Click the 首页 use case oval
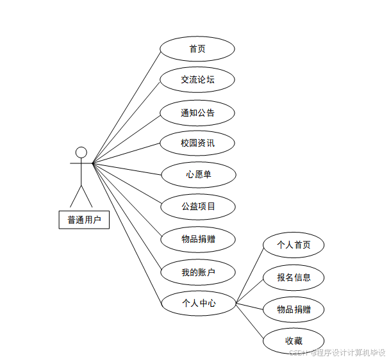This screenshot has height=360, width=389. (x=197, y=49)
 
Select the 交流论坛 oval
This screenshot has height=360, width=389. (x=197, y=80)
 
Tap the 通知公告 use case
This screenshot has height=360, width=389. (x=197, y=113)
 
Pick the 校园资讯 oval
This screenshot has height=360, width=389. (x=197, y=143)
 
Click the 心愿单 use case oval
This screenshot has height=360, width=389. (x=197, y=174)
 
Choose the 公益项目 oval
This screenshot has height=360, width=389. (x=197, y=206)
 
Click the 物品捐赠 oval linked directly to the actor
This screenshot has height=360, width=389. (x=197, y=240)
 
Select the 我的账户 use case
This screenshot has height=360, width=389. (x=197, y=272)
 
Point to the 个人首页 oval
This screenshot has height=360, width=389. (x=294, y=245)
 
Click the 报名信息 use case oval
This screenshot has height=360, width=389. (x=294, y=277)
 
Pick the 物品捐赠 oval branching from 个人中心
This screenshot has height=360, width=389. (x=294, y=309)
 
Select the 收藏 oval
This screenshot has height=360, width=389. (x=294, y=341)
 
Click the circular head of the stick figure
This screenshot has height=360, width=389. (x=81, y=152)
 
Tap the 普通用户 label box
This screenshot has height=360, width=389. (x=84, y=220)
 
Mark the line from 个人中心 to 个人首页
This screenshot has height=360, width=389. (x=250, y=274)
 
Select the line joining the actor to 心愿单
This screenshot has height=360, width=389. (x=127, y=168)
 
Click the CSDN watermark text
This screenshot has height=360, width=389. (x=337, y=352)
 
